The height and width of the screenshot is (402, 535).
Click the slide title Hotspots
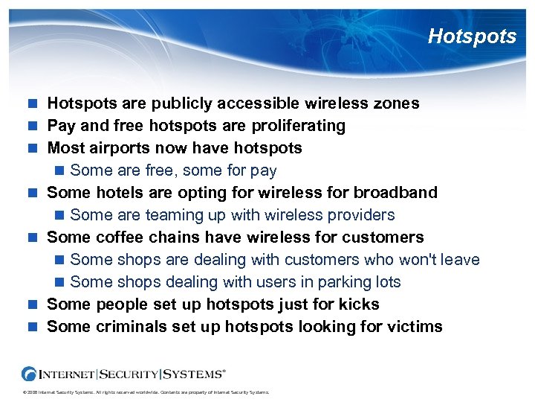[472, 36]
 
